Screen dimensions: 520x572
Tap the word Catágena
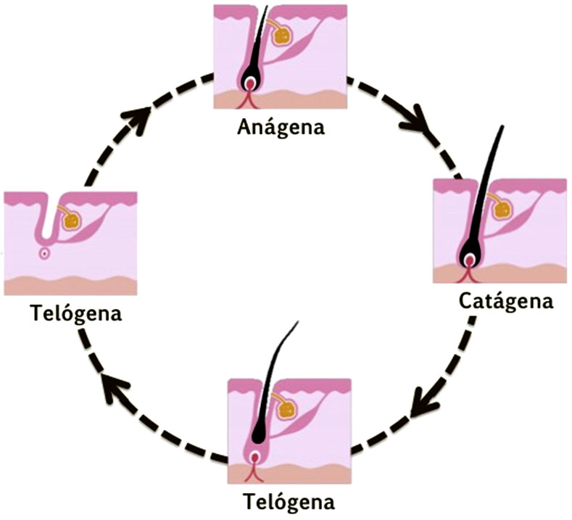coord(506,300)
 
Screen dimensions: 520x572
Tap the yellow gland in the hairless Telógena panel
coord(70,220)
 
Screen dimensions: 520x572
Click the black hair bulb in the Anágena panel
coord(250,80)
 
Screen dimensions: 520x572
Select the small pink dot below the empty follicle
coord(45,253)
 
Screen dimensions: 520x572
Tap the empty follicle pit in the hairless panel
coord(46,225)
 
